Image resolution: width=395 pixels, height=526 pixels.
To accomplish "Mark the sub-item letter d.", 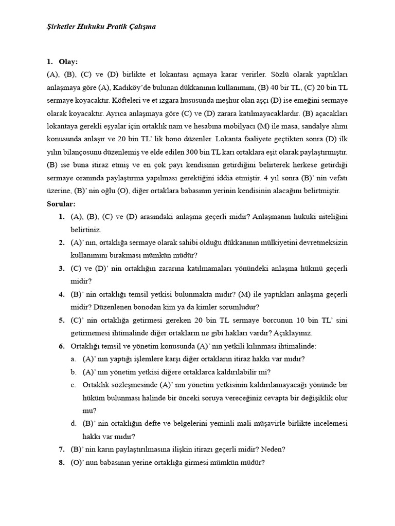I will coord(74,423).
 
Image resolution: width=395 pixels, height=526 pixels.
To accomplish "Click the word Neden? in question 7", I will coord(274,449).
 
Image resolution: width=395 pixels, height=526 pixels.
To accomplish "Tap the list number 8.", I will coord(61,462).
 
